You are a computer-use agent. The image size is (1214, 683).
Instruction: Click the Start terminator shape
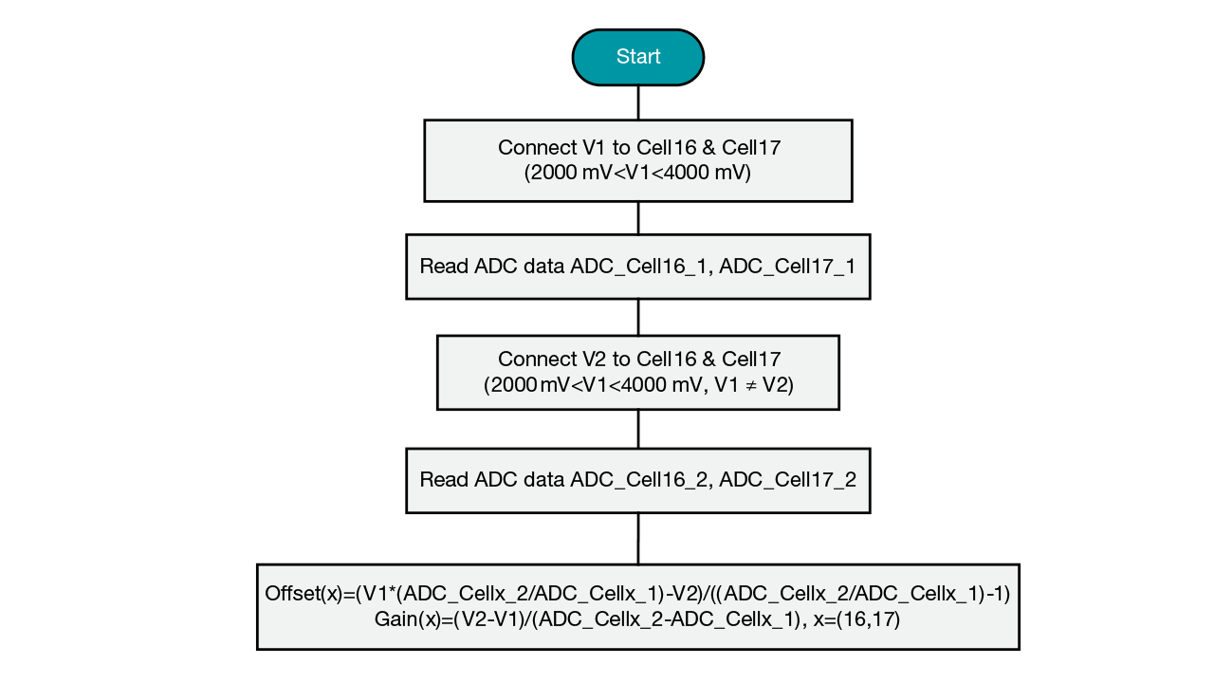click(x=638, y=57)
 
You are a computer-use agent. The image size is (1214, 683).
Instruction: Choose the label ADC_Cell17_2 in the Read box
click(x=787, y=480)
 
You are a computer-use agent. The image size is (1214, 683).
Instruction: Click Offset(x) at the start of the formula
click(x=303, y=595)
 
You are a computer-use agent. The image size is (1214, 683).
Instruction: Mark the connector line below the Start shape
click(x=638, y=102)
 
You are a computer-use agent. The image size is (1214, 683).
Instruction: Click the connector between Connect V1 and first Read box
click(x=638, y=217)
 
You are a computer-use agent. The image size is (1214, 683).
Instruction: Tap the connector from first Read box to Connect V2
click(x=638, y=317)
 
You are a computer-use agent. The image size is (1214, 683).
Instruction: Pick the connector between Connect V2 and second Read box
click(x=638, y=429)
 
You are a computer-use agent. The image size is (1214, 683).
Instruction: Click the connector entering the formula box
click(x=638, y=538)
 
